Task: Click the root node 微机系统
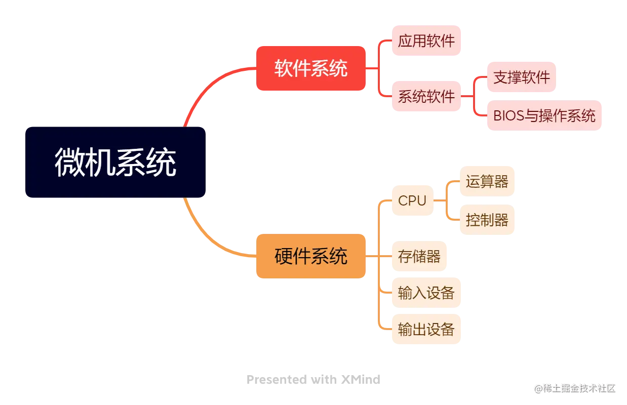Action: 115,163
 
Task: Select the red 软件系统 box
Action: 310,68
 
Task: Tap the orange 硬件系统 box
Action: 310,256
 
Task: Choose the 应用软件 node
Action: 426,40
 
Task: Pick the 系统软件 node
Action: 426,96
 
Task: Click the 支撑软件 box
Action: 521,77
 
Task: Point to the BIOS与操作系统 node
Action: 544,115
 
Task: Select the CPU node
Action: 412,200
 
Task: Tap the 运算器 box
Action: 486,182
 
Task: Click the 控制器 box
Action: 486,220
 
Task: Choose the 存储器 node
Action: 419,256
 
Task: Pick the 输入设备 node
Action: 425,293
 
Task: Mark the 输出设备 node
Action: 425,330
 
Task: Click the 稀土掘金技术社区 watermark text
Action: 577,388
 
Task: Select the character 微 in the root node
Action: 70,163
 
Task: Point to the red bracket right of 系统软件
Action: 473,96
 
